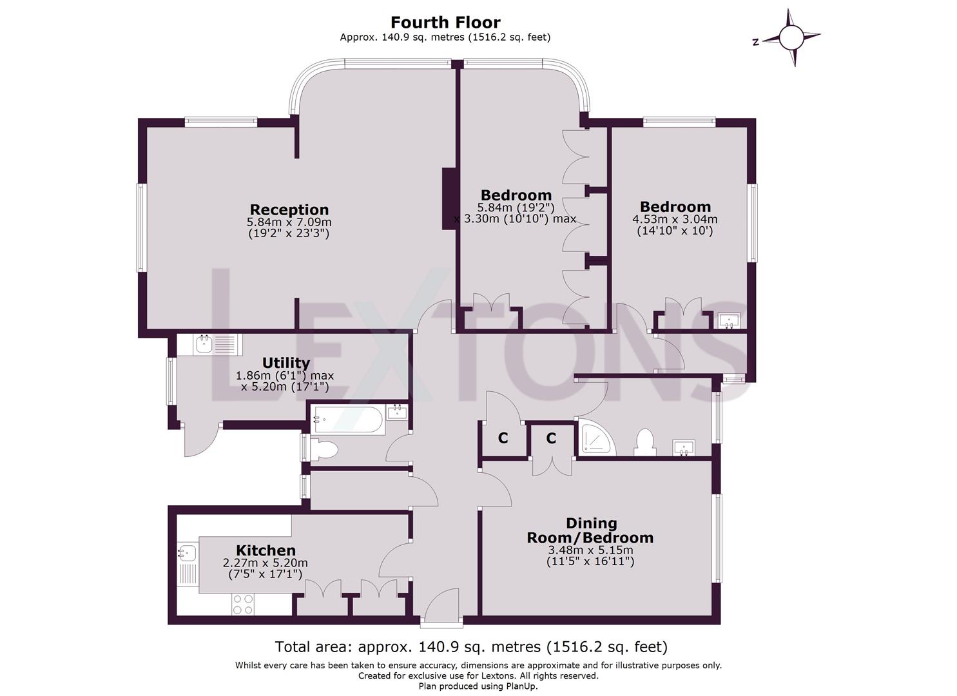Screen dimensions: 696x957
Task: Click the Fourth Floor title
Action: [445, 23]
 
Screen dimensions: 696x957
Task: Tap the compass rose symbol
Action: [793, 37]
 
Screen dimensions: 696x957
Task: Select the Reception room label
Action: [289, 209]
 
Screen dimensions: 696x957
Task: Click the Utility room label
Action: [285, 363]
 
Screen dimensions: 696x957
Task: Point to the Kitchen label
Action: [266, 550]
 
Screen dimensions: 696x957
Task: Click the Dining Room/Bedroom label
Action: [590, 530]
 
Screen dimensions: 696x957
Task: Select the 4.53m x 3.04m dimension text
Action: [675, 219]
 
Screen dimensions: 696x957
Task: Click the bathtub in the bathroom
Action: [348, 420]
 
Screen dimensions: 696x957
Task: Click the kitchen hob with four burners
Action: [243, 604]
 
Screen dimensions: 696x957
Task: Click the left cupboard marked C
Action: [503, 439]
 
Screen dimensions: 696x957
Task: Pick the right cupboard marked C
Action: [551, 439]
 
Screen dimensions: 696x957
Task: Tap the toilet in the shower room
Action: [644, 443]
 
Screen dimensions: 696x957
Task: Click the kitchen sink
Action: [188, 553]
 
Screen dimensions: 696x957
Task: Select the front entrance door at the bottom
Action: [441, 609]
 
